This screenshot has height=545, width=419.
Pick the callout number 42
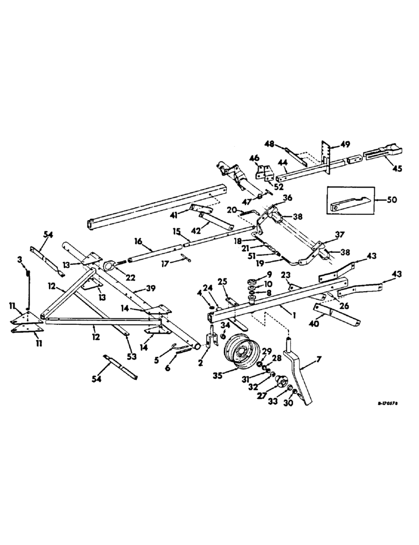(x=209, y=223)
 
